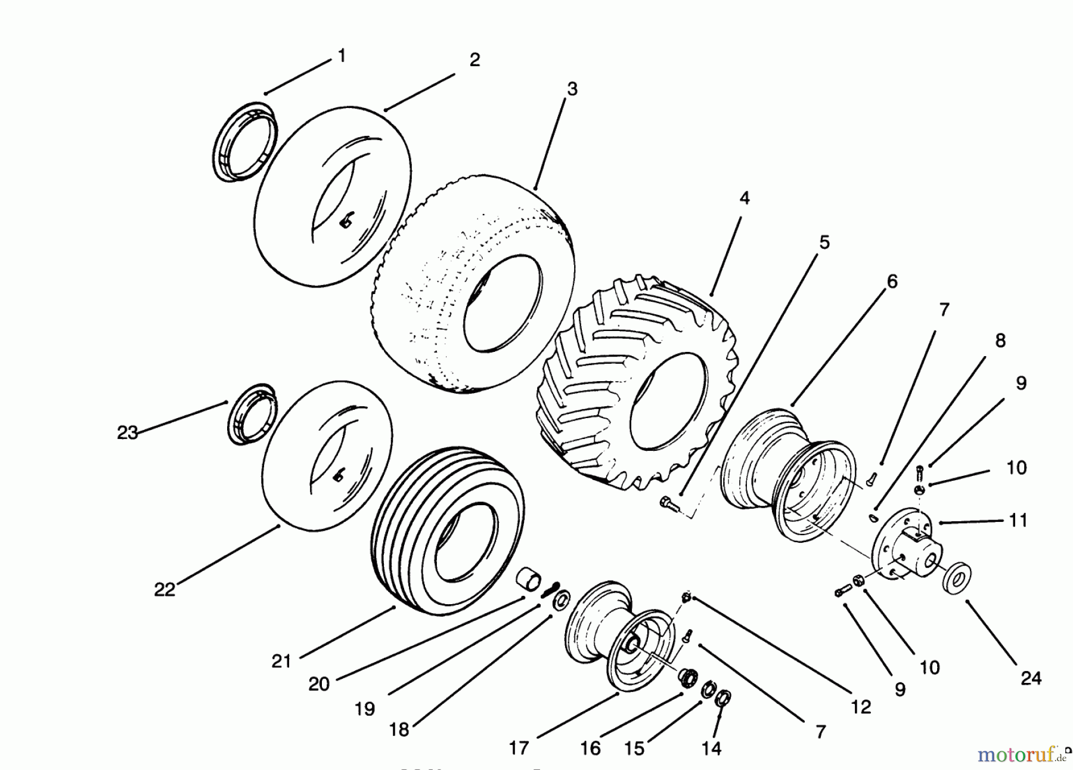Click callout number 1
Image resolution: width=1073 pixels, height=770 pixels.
tap(342, 56)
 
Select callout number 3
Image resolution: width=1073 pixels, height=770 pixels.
tap(572, 89)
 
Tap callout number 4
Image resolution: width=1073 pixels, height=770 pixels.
tap(745, 198)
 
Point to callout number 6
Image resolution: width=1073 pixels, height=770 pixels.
tap(892, 281)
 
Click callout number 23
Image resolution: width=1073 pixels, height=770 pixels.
tap(128, 432)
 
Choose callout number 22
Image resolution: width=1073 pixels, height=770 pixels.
tap(165, 589)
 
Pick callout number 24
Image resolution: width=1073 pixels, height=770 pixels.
tap(1031, 678)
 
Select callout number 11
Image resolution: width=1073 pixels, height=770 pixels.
tap(1018, 521)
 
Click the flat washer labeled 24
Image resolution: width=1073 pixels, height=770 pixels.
tap(957, 576)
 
